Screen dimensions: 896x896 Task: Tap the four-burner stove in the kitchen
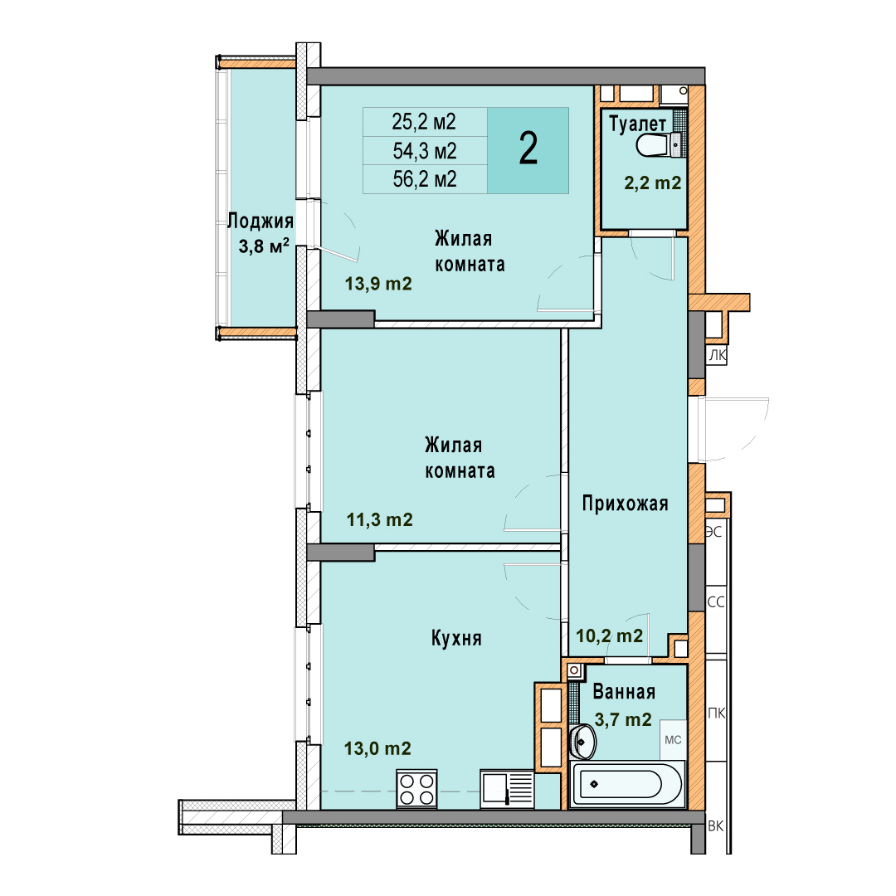tap(416, 789)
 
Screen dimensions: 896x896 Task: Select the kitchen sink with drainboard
tap(508, 789)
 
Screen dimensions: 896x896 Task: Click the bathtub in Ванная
tap(627, 784)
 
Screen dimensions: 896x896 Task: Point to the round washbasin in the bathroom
tap(583, 742)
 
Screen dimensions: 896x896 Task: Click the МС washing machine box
tap(673, 739)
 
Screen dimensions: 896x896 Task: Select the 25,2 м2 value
tap(424, 122)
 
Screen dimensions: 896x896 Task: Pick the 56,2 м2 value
tap(425, 179)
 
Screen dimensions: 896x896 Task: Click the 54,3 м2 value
tap(425, 151)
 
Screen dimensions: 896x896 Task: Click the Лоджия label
tap(261, 221)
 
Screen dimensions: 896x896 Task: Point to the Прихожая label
tap(626, 504)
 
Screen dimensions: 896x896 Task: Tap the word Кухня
tap(456, 638)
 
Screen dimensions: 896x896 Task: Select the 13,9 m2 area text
tap(378, 284)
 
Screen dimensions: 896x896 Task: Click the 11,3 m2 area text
tap(379, 519)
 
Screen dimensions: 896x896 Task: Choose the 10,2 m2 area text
tap(609, 635)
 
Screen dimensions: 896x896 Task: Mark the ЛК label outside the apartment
tap(717, 355)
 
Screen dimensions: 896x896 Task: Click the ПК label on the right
tap(717, 713)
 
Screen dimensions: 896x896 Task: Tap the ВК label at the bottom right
tap(716, 825)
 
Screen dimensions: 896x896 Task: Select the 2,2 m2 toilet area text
tap(653, 183)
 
